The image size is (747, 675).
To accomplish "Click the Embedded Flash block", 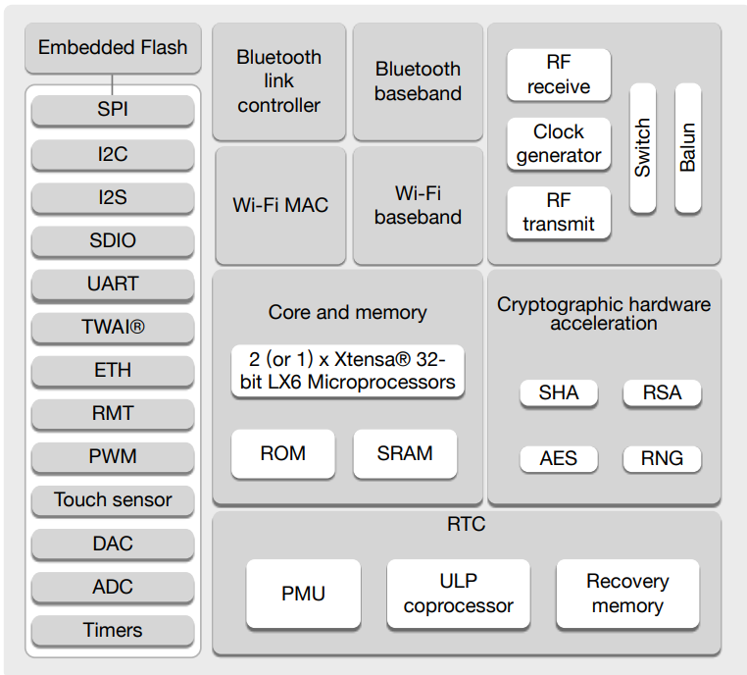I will click(x=113, y=48).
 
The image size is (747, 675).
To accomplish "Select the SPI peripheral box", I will click(x=113, y=110).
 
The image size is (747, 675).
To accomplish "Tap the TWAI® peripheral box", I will click(x=113, y=327).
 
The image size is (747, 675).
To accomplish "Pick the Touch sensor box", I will click(x=113, y=500).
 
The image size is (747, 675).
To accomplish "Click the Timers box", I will click(x=113, y=630).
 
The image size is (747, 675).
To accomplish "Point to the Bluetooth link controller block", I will click(x=278, y=81).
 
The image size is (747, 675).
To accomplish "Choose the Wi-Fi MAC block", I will click(x=280, y=206).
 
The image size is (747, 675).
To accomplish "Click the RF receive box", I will click(x=559, y=76).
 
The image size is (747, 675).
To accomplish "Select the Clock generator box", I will click(x=559, y=144).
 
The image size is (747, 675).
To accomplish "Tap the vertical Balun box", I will click(x=687, y=148).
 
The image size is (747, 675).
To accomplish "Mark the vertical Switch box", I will click(x=642, y=148).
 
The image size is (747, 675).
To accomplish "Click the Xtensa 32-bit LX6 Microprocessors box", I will click(x=348, y=371).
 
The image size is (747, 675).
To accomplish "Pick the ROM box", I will click(x=282, y=454).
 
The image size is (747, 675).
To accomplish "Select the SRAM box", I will click(x=405, y=454).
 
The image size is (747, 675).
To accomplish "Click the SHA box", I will click(x=559, y=393).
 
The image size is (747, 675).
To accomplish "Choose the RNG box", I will click(x=663, y=458).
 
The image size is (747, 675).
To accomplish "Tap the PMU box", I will click(x=303, y=594).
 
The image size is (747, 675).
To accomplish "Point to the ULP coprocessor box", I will click(x=458, y=594).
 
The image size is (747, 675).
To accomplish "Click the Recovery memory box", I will click(x=627, y=594).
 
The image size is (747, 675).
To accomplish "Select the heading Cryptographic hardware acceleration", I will click(x=604, y=314).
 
